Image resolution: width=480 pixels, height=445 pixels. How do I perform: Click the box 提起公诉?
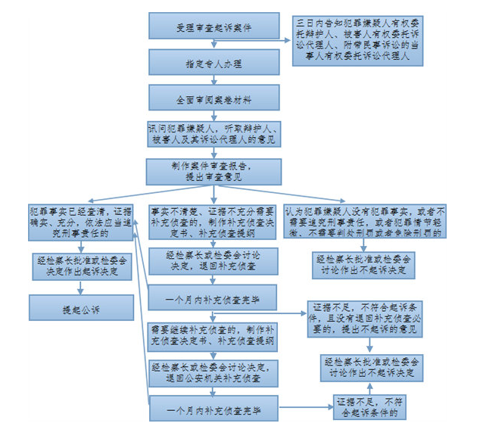[81, 310]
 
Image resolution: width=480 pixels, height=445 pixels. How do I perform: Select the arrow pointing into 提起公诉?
[81, 288]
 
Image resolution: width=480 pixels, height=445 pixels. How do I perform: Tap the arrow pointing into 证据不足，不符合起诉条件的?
[307, 408]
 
